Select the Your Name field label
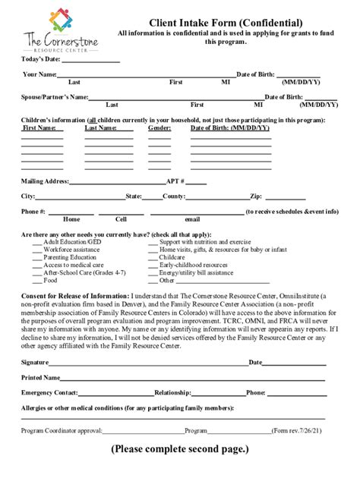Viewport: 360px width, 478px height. point(39,74)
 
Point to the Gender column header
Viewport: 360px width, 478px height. point(159,128)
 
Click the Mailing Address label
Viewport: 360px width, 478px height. point(45,181)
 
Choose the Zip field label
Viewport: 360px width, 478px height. point(255,196)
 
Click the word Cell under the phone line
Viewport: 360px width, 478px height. point(111,219)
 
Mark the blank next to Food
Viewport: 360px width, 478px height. point(37,280)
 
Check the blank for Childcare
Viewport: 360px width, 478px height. point(153,257)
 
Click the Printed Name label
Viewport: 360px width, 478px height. point(41,377)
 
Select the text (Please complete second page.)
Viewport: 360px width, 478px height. point(179,450)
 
